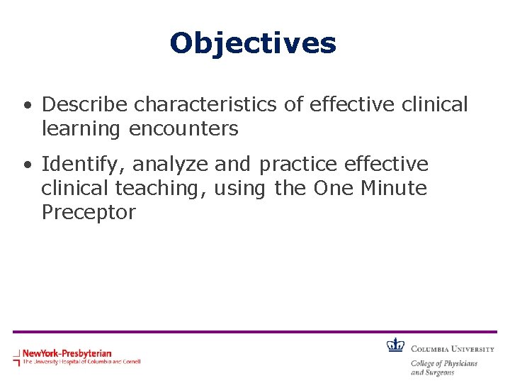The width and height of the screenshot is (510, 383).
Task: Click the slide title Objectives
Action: tap(253, 43)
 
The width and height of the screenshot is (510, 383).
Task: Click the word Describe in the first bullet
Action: tap(85, 104)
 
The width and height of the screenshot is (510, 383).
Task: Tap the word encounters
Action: tap(183, 128)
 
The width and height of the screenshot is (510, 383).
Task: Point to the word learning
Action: tap(81, 128)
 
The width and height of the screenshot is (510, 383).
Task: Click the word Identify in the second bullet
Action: tap(84, 165)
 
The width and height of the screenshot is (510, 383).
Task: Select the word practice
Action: tap(298, 165)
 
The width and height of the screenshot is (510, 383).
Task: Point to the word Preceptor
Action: tap(89, 212)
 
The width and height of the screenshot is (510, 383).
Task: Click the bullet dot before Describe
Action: tap(26, 106)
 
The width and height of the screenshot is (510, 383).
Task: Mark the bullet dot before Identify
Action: tap(26, 166)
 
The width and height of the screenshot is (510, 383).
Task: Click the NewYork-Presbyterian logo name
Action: tap(67, 353)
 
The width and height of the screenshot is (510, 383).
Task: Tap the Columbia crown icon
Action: tap(395, 345)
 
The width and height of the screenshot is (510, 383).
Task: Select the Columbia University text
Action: tap(452, 348)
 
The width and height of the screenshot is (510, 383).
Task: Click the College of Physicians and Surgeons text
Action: tap(444, 367)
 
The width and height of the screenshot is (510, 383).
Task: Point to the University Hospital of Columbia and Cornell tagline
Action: tap(81, 362)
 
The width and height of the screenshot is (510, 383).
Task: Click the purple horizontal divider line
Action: tap(255, 331)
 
